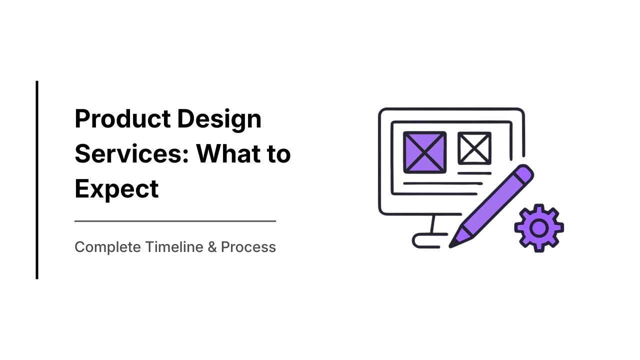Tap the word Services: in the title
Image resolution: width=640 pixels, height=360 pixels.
[131, 154]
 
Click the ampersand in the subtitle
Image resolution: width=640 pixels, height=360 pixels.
[212, 247]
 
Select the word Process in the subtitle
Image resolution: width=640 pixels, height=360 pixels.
[248, 247]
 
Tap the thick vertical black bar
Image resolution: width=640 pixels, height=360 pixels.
[37, 180]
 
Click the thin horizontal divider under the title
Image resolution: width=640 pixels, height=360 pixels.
[175, 220]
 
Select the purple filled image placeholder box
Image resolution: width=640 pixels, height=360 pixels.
[424, 152]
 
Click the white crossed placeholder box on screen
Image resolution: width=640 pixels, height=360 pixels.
[474, 148]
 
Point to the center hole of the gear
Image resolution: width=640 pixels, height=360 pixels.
[538, 228]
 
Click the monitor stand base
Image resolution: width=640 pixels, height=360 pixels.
[425, 241]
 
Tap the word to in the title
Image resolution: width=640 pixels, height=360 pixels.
[277, 154]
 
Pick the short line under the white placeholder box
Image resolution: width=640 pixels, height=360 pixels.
[474, 173]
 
